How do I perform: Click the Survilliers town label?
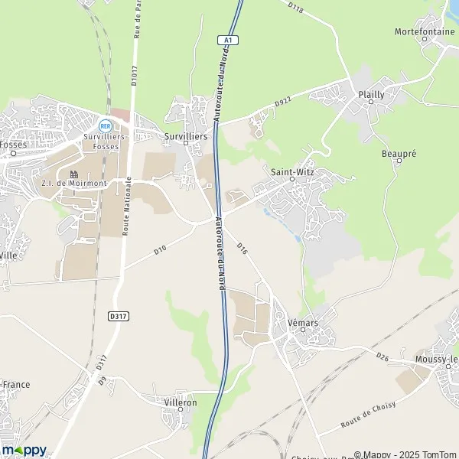(x=186, y=135)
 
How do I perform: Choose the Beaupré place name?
(x=399, y=154)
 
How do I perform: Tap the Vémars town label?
(x=303, y=324)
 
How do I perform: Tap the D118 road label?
(x=296, y=9)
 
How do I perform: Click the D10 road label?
(x=160, y=249)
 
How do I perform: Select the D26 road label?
(x=383, y=356)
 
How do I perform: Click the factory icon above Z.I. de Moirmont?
(x=75, y=174)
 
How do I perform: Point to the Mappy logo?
(x=24, y=449)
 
